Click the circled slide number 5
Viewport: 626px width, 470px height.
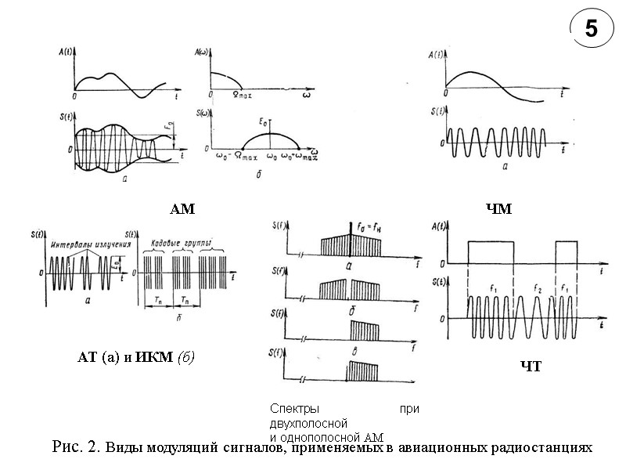tap(590, 30)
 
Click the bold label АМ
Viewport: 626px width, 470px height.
tap(182, 209)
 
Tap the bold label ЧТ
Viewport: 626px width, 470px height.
tap(531, 367)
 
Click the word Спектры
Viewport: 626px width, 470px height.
tap(290, 409)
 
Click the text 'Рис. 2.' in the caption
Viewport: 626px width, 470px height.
tap(75, 447)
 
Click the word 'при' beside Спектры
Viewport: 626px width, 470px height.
tap(409, 409)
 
